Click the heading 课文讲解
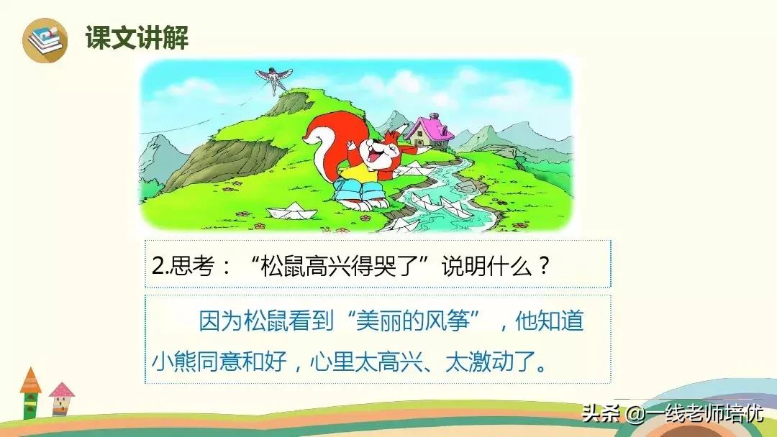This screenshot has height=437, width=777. pos(137,37)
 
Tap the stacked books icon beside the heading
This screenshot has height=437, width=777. pos(45,40)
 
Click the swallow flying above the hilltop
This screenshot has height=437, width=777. pos(273,78)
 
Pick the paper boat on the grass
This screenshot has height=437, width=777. pos(292,211)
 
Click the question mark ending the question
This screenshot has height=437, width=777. pos(544,266)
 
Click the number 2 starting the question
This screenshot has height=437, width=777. pos(158,266)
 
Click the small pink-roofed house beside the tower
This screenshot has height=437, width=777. pos(61,399)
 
